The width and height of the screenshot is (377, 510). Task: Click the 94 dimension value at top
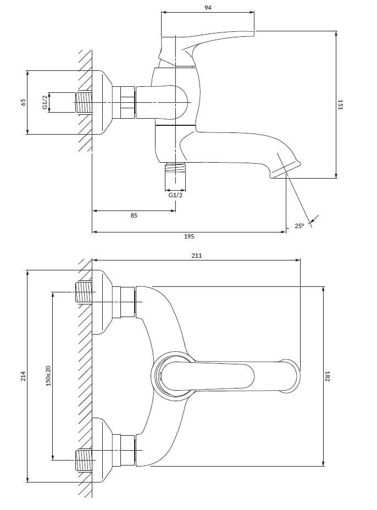207,8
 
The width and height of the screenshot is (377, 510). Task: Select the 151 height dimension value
341,104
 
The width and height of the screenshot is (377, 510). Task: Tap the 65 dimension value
23,102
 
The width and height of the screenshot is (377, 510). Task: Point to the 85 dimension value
134,216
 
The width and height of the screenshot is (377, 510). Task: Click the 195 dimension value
188,236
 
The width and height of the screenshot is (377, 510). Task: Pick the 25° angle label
299,226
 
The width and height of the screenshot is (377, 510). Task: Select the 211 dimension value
197,255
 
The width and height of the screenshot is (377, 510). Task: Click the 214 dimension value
23,376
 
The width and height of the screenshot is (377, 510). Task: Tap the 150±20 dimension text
48,375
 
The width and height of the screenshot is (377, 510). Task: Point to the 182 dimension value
328,376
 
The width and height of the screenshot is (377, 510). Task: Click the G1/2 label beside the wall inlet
46,102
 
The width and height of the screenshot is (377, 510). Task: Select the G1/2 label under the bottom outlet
175,195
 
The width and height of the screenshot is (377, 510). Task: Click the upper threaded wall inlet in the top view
84,292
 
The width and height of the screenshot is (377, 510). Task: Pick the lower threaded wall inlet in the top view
84,459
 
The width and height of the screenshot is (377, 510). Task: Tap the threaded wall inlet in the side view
84,103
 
